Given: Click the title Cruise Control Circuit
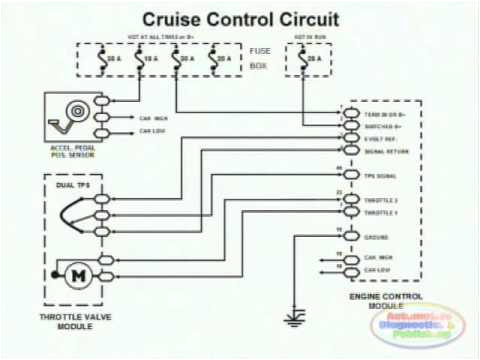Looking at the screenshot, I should tap(239, 19).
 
